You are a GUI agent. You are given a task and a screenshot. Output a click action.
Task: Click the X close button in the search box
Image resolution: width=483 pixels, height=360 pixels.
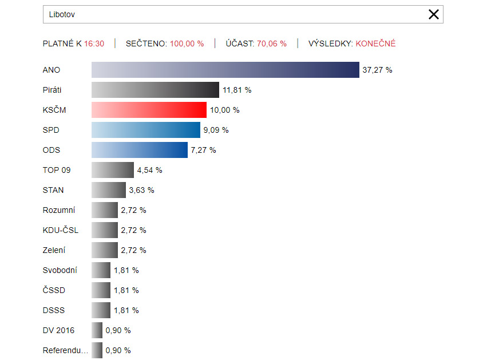434,14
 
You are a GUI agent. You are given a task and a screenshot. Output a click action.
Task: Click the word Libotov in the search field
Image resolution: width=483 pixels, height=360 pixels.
62,14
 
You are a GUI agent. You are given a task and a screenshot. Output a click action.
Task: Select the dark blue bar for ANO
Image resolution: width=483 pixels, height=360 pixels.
225,70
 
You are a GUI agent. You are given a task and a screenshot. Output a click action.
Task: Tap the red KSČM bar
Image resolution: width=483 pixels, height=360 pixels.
149,110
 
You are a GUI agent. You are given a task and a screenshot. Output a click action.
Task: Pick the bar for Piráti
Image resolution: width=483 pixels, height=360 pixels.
155,90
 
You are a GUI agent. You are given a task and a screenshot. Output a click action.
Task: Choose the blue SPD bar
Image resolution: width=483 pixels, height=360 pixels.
146,130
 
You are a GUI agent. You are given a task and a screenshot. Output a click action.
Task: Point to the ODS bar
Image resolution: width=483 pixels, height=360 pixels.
140,150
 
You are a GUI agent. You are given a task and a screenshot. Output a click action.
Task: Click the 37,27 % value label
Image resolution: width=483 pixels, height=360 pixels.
377,70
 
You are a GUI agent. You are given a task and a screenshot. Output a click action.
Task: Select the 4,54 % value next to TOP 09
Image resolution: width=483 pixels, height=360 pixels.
149,170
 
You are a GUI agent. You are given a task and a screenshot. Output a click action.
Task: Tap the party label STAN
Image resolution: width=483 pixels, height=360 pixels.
53,190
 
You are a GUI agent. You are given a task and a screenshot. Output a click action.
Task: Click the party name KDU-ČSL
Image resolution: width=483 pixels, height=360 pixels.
61,230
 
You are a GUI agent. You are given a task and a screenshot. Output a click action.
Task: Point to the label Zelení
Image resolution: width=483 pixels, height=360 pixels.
54,250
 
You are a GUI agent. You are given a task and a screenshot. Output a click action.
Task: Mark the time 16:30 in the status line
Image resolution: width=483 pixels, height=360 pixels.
94,43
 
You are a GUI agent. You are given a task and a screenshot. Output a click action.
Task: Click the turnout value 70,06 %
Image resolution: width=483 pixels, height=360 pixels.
272,43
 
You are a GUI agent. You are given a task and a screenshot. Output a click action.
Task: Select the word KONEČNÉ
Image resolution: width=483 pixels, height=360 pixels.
375,43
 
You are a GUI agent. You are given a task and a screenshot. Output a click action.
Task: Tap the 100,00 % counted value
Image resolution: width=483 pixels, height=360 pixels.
187,43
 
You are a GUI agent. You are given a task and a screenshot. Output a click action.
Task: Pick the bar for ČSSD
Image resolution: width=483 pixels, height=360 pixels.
101,290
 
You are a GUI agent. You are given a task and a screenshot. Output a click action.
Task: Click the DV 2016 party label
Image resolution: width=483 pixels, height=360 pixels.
58,330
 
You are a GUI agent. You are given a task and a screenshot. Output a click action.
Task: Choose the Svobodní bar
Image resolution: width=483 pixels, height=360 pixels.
101,270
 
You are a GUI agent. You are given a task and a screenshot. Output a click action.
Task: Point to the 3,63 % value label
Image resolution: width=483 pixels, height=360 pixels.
141,190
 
